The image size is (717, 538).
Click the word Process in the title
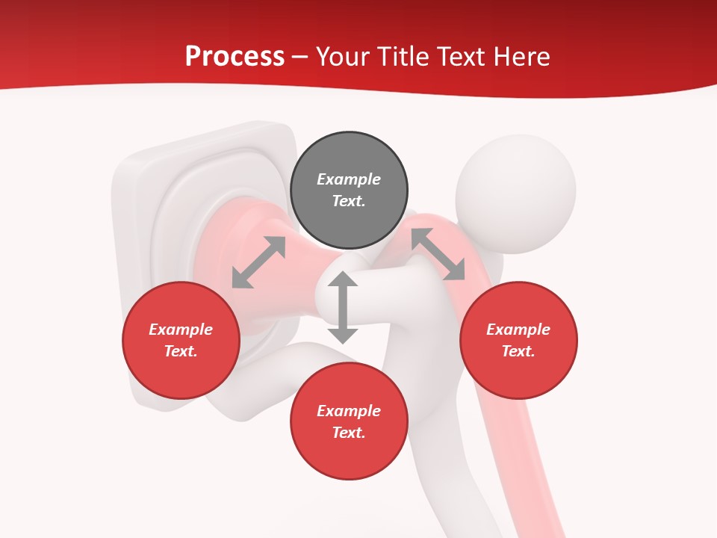point(235,57)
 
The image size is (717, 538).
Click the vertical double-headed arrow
point(343,307)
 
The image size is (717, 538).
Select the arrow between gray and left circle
point(258,262)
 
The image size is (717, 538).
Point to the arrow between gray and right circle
point(438,254)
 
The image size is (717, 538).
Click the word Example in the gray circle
point(349,179)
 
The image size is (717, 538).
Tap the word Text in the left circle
point(181,351)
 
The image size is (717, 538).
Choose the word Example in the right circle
point(518,330)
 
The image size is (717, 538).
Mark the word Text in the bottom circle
point(349,433)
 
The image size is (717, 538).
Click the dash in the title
point(300,57)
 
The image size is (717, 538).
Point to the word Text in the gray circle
point(349,201)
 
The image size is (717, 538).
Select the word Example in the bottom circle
point(349,411)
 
